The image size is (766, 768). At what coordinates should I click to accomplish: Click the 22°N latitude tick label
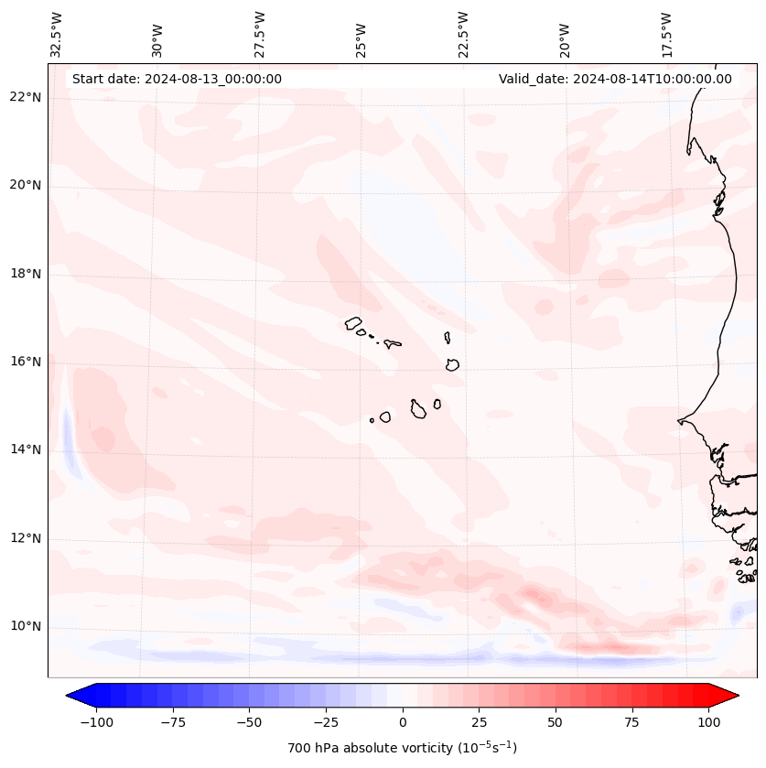point(25,98)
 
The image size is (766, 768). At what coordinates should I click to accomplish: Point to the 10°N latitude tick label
point(25,627)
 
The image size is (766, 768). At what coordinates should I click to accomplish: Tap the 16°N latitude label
point(25,362)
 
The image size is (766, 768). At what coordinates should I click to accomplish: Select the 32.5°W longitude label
point(57,35)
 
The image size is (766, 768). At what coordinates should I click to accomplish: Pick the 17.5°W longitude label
point(668,35)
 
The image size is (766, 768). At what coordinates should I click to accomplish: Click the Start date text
point(177,79)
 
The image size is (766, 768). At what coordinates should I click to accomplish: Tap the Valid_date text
point(615,79)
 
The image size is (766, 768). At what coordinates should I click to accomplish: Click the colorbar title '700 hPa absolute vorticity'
point(402,748)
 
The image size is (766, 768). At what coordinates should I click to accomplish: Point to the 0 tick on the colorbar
point(403,722)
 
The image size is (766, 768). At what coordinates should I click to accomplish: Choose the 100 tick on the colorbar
point(708,722)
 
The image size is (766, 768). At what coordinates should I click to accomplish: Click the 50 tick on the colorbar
point(556,722)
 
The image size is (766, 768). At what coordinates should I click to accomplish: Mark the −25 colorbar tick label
point(326,722)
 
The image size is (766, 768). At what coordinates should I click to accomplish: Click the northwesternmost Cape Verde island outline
point(354,322)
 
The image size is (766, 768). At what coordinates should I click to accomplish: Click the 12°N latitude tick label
point(25,538)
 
